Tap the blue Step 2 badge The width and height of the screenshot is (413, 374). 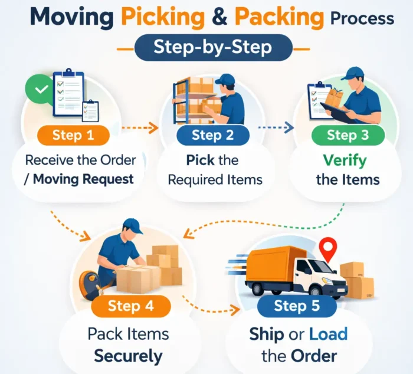tap(213, 135)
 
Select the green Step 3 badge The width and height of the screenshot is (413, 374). tap(348, 135)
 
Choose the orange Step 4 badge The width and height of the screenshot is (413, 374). tap(131, 307)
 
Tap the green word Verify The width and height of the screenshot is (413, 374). tap(344, 160)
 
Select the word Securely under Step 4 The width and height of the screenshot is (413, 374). tap(128, 356)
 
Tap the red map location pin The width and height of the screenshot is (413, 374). tap(327, 246)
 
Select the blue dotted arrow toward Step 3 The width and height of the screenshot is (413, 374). tap(276, 126)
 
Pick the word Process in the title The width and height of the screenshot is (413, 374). tap(362, 19)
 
